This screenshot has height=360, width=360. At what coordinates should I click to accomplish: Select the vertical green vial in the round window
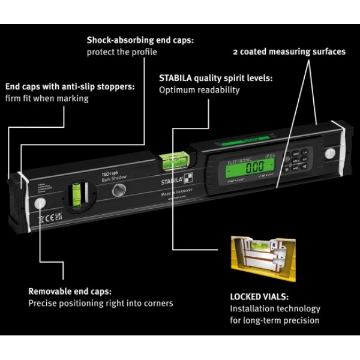click(x=76, y=195)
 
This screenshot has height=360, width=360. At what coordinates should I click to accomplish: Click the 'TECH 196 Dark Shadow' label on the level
click(x=113, y=176)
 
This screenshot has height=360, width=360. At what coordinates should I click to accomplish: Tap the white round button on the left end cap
click(x=41, y=203)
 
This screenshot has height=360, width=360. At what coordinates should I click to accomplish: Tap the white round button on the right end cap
click(x=329, y=154)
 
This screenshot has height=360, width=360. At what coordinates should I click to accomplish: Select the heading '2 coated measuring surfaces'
click(x=289, y=52)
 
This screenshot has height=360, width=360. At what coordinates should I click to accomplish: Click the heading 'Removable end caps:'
click(x=70, y=291)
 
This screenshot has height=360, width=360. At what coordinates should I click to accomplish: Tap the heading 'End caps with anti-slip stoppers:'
click(x=70, y=86)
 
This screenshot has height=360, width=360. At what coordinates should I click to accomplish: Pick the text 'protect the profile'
click(x=122, y=52)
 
